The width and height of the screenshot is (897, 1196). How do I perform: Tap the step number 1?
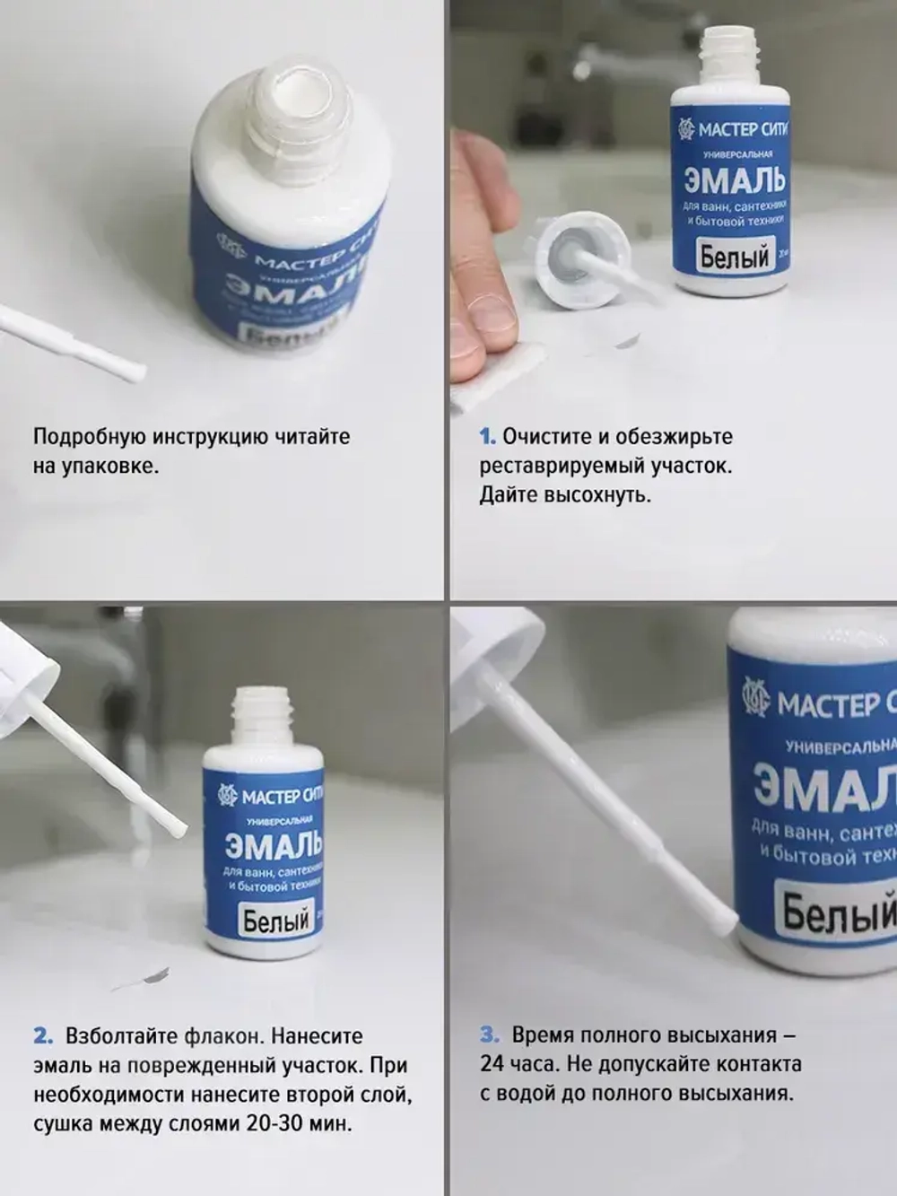point(487,437)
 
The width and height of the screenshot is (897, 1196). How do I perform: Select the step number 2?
point(43,1036)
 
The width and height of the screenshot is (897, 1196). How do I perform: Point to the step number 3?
point(488,1034)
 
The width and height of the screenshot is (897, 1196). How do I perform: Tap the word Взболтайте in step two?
point(120,1036)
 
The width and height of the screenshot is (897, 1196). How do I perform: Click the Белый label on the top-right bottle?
point(734,258)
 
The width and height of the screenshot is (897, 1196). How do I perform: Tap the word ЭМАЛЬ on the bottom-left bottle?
point(274,845)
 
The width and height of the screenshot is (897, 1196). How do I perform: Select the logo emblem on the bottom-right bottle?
point(755,697)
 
